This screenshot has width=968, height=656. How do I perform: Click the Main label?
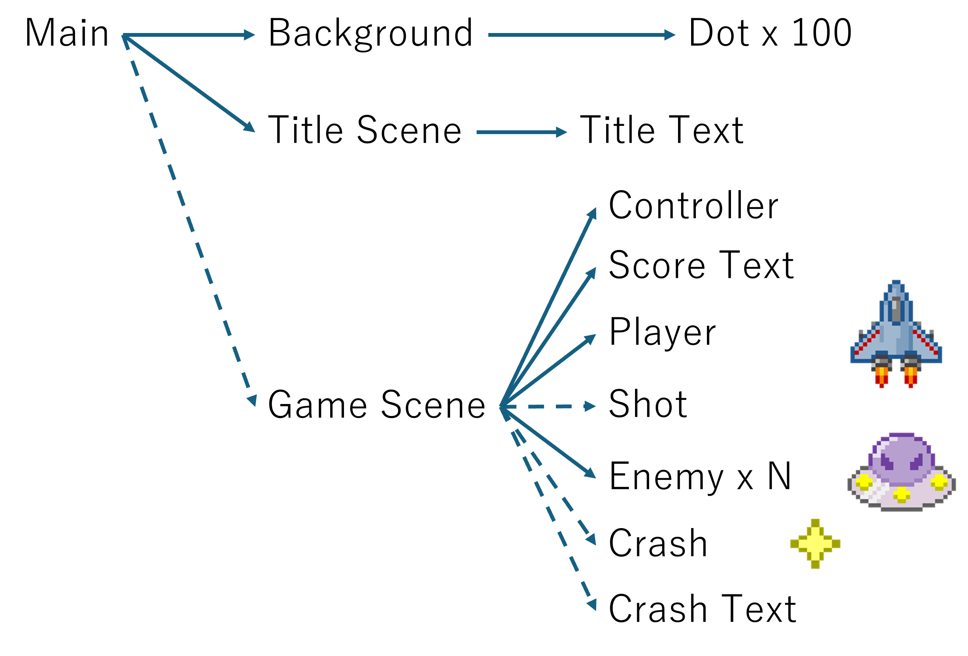(67, 33)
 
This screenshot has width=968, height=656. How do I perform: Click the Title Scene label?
(364, 130)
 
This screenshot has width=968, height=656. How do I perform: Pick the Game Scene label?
(377, 405)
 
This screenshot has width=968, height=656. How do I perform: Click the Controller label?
(693, 206)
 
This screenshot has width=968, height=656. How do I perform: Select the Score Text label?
(701, 265)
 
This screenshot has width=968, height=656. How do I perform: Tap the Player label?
(662, 333)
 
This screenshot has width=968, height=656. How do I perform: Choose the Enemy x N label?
(700, 476)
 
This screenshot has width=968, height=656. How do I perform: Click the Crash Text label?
(702, 609)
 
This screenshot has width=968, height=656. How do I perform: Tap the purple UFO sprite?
(901, 472)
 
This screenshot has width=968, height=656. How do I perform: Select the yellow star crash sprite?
(815, 544)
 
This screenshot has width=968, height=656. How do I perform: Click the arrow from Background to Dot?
(581, 35)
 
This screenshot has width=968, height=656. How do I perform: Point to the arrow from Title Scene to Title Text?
(521, 132)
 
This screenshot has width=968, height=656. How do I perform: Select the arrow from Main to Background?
(187, 35)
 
